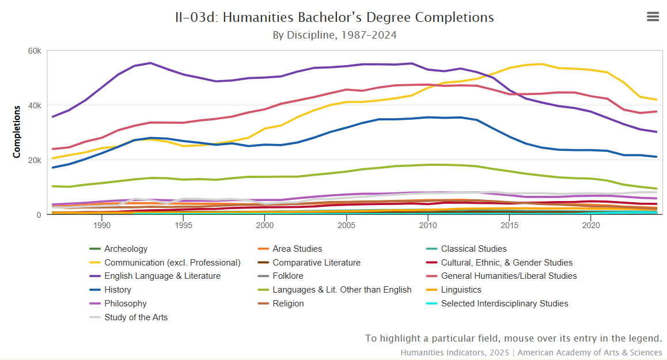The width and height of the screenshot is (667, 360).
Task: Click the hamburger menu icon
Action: point(653,17)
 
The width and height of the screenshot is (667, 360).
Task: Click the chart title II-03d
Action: point(334,17)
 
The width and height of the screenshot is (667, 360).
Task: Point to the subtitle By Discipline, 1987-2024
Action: point(334,35)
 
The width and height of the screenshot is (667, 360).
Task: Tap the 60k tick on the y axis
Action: point(35,51)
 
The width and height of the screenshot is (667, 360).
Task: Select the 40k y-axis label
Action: point(35,105)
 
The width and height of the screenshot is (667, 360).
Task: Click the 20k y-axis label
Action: point(35,160)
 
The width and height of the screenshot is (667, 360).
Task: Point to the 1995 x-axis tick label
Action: point(183,225)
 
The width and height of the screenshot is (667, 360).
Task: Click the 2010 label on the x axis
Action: point(427,225)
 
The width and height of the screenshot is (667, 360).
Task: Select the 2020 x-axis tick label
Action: point(590,225)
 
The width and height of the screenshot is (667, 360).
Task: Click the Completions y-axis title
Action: point(17,131)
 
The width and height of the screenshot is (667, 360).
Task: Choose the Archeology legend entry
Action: point(126,249)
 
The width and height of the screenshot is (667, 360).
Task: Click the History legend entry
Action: point(118,290)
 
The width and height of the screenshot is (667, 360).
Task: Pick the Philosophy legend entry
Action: point(125,304)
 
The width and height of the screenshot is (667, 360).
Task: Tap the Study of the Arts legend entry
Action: point(136,317)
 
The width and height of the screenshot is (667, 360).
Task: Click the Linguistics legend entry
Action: point(461,290)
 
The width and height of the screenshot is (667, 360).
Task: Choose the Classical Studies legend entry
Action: point(473,249)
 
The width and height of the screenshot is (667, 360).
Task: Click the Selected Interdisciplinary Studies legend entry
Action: point(504,304)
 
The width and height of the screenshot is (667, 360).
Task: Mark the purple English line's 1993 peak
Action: point(150,63)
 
